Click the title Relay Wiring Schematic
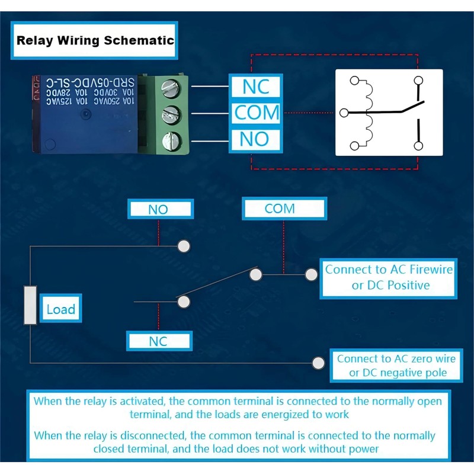click(x=95, y=40)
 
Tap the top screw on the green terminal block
click(x=170, y=88)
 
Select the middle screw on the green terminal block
click(x=171, y=113)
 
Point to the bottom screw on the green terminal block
click(x=171, y=140)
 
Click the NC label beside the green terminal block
click(x=256, y=87)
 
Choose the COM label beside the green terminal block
click(x=256, y=113)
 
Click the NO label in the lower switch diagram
click(x=159, y=209)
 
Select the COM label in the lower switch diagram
click(x=280, y=209)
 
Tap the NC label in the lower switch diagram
click(x=158, y=341)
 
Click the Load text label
click(x=61, y=309)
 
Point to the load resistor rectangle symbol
click(x=30, y=305)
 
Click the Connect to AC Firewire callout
click(x=389, y=277)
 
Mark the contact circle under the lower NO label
click(x=184, y=245)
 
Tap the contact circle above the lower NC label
click(x=184, y=302)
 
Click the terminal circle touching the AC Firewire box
click(x=311, y=274)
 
